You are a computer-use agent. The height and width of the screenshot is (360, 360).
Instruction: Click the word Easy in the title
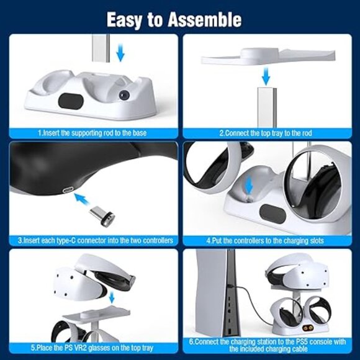126,20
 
